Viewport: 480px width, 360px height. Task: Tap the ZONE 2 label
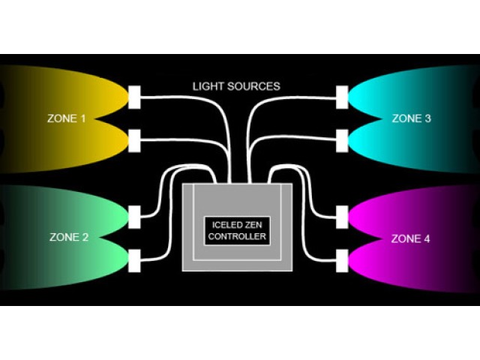[x=69, y=238]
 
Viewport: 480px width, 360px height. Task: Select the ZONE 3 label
[x=411, y=118]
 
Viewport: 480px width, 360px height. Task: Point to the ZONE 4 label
[x=411, y=239]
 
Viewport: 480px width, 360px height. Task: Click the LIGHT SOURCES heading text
[x=235, y=86]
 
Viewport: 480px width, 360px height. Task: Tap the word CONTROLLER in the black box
[x=238, y=236]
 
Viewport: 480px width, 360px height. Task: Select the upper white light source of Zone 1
[x=135, y=96]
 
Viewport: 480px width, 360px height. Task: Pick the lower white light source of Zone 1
[x=135, y=139]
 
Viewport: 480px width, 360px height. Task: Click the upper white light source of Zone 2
[x=135, y=216]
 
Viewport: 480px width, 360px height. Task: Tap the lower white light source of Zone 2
[x=135, y=261]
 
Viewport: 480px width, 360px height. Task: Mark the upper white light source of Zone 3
[x=343, y=96]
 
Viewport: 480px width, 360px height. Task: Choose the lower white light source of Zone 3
[x=343, y=139]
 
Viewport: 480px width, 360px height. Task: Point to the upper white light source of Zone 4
[x=343, y=217]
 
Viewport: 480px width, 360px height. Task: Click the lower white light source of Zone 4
[x=343, y=261]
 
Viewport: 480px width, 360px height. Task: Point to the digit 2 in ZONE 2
[x=85, y=238]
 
